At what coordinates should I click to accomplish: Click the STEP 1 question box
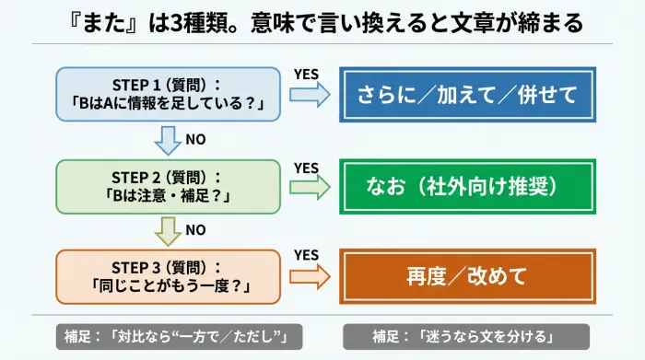(x=167, y=94)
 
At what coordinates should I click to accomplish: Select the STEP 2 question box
(x=167, y=187)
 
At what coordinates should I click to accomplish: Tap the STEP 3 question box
(x=167, y=275)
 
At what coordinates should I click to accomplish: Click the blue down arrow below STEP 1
(x=168, y=140)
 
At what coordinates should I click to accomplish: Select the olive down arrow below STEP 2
(x=168, y=230)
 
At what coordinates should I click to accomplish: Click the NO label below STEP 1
(x=195, y=140)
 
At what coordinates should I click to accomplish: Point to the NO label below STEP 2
(x=195, y=229)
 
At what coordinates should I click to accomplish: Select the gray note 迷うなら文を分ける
(x=466, y=334)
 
